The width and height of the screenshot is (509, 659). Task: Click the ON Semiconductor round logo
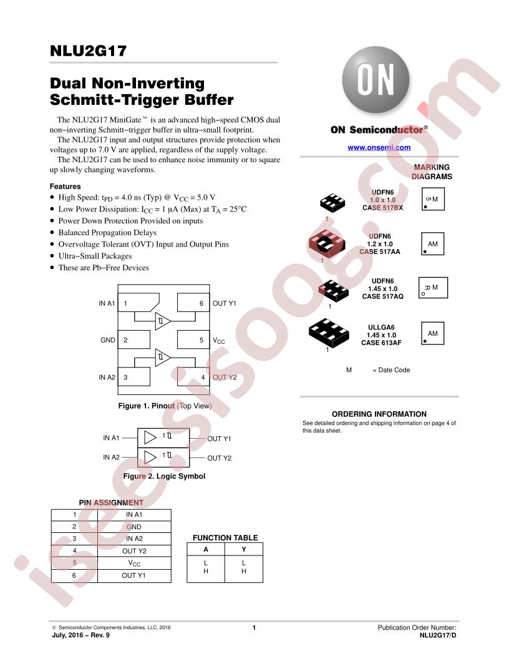[x=376, y=79]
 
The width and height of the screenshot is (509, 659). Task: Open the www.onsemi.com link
[x=379, y=147]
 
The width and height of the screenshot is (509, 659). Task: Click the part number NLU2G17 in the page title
[x=88, y=51]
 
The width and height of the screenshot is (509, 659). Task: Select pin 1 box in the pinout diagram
[x=138, y=303]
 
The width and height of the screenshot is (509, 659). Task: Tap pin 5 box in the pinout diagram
[x=193, y=339]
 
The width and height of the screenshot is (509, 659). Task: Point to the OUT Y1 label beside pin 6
[x=225, y=303]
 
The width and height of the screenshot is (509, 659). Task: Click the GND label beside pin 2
[x=108, y=340]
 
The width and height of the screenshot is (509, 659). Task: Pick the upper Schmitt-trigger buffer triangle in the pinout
[x=163, y=321]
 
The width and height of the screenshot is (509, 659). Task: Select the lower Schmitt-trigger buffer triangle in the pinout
[x=163, y=358]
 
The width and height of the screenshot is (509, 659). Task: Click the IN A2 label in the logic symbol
[x=111, y=457]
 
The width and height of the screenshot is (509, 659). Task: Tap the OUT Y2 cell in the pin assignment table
[x=134, y=551]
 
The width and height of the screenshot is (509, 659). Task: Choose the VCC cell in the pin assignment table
[x=134, y=563]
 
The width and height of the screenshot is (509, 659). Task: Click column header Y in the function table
[x=243, y=549]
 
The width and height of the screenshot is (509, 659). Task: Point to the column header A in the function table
[x=206, y=549]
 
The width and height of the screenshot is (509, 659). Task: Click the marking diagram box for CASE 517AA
[x=432, y=244]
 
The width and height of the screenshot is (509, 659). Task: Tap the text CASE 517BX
[x=382, y=208]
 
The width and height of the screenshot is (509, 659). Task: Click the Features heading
[x=65, y=186]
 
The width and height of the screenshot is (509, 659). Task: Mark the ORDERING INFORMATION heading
[x=379, y=414]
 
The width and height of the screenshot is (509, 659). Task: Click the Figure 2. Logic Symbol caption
[x=164, y=476]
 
